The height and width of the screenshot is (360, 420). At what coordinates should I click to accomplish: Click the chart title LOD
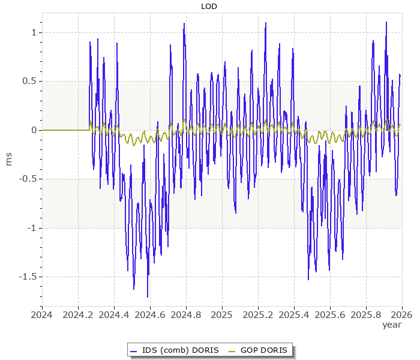(x=209, y=7)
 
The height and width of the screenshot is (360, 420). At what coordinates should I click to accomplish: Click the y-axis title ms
(x=8, y=158)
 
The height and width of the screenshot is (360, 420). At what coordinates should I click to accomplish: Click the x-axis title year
(x=392, y=325)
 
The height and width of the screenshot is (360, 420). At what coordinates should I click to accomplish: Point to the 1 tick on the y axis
(x=35, y=32)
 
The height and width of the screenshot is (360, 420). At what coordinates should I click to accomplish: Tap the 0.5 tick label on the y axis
(x=30, y=81)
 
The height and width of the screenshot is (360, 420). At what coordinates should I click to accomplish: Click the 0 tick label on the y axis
(x=35, y=130)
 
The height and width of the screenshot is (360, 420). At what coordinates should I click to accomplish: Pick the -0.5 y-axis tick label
(x=28, y=179)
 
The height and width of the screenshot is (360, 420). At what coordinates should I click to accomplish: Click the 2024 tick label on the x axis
(x=42, y=314)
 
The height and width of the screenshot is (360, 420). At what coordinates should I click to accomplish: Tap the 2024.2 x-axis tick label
(x=78, y=314)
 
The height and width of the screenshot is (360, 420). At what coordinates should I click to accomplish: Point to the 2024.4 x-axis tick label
(x=114, y=314)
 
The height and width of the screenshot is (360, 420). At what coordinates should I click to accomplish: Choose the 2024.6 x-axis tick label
(x=150, y=314)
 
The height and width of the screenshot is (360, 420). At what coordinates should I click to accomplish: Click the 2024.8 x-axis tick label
(x=186, y=314)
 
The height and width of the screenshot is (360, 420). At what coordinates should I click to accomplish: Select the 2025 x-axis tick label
(x=222, y=314)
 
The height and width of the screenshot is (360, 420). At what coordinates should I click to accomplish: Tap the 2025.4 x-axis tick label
(x=294, y=314)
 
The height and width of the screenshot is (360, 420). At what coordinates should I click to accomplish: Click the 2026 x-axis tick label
(x=401, y=314)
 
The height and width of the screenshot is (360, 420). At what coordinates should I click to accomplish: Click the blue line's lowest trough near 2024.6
(x=148, y=296)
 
